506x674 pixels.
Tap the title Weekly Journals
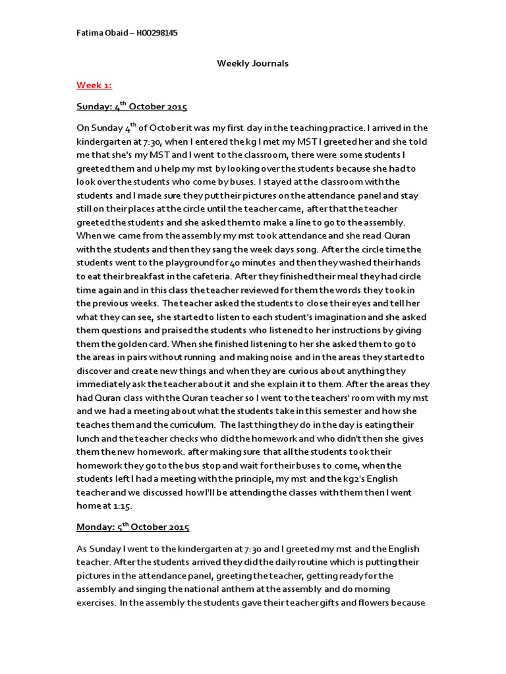[253, 64]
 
